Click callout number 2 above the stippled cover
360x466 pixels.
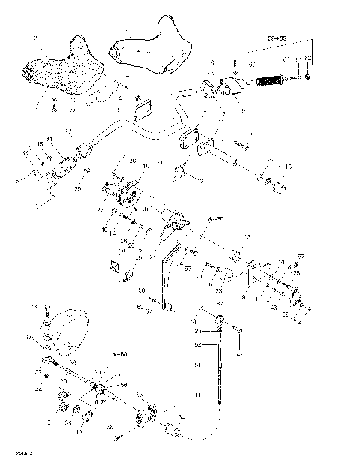[x=34, y=37]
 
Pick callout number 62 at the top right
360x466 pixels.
[x=307, y=58]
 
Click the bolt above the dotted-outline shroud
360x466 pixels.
[x=46, y=308]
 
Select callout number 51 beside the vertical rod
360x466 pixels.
[x=198, y=365]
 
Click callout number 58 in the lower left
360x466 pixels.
[x=124, y=384]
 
